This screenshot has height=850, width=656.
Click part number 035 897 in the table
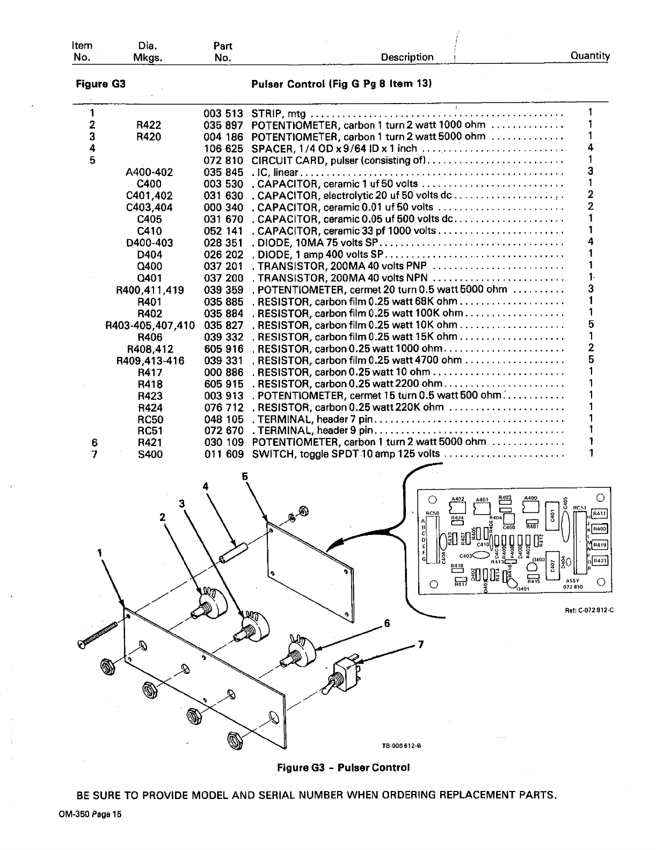[223, 125]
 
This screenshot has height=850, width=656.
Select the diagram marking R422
[149, 125]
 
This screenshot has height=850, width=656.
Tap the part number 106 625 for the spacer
[223, 149]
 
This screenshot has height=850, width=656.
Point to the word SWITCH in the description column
[270, 455]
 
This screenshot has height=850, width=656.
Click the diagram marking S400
[149, 455]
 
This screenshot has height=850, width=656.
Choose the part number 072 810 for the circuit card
[223, 160]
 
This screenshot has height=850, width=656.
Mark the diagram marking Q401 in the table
[149, 278]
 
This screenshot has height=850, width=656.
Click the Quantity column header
[590, 56]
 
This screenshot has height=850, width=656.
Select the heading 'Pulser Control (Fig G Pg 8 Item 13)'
[342, 84]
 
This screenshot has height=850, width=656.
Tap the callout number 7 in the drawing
[421, 645]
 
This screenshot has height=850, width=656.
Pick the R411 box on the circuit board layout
[599, 512]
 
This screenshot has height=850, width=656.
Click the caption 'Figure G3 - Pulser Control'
[343, 767]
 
